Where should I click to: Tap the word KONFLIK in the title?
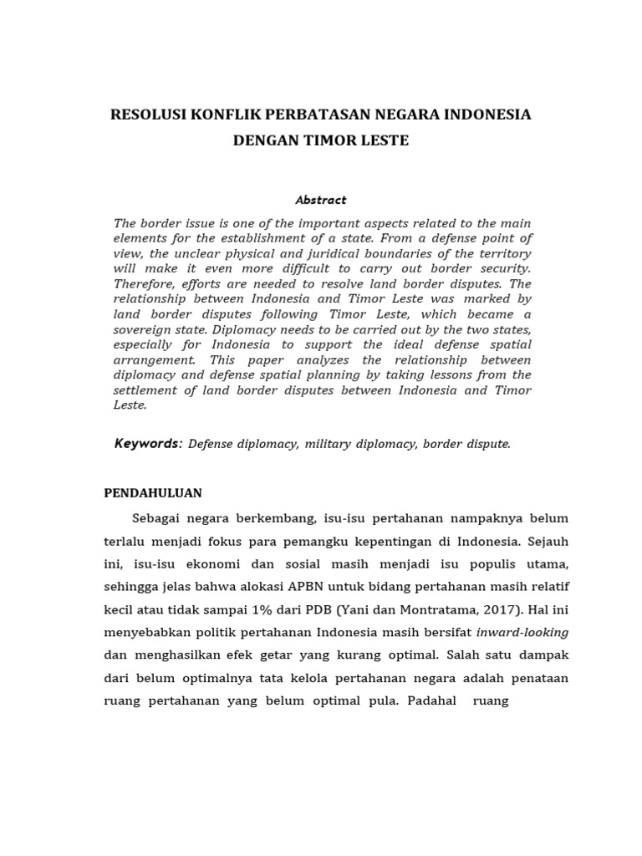point(220,115)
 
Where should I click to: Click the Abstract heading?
point(320,200)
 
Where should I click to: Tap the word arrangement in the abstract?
point(154,359)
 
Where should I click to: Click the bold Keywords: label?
point(148,444)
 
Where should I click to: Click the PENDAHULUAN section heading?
point(153,493)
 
